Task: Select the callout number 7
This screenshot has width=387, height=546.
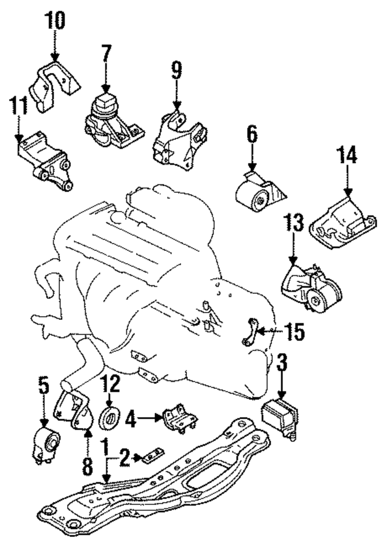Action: coord(106,56)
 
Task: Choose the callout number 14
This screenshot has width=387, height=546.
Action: coord(348,156)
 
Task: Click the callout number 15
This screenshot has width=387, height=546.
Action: coord(296,332)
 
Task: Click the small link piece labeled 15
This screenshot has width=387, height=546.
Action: coord(251,333)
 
